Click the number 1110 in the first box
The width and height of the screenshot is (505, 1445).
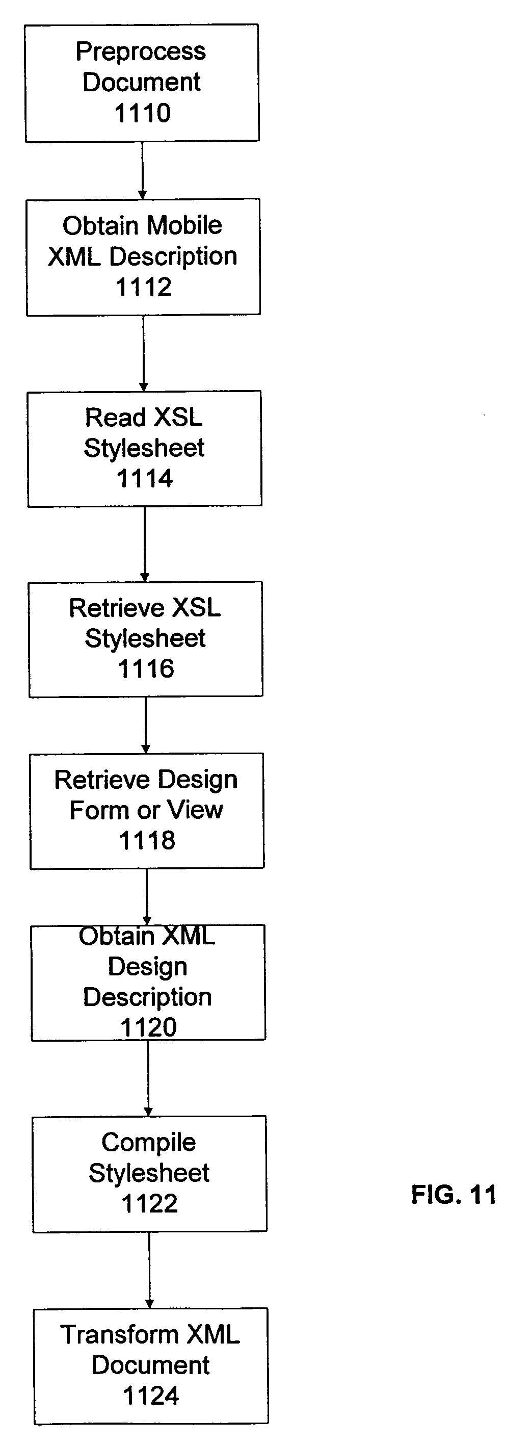142,113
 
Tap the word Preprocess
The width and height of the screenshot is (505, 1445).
141,51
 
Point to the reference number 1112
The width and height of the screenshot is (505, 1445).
144,287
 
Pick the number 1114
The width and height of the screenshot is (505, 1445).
145,478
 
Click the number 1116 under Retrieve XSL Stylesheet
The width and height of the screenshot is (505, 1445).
146,668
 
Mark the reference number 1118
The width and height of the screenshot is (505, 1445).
147,840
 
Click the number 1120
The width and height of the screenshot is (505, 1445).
148,1027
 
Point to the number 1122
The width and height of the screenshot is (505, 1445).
150,1204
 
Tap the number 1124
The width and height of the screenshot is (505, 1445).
151,1396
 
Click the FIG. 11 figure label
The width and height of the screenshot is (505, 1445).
454,1195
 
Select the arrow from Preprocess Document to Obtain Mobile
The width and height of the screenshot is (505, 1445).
142,170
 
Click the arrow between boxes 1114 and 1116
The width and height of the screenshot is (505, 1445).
145,544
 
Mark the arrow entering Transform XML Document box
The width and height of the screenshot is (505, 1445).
150,1270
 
